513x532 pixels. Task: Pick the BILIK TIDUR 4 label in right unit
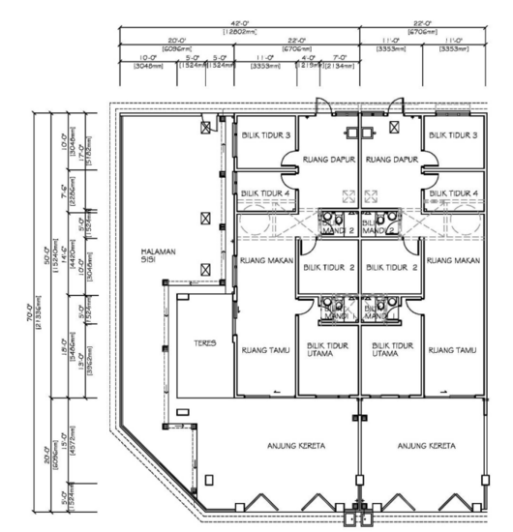pos(454,193)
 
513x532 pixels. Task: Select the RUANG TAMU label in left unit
pos(263,351)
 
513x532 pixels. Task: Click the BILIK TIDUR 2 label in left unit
pos(327,266)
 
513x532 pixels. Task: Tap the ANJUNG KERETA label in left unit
pos(296,446)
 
